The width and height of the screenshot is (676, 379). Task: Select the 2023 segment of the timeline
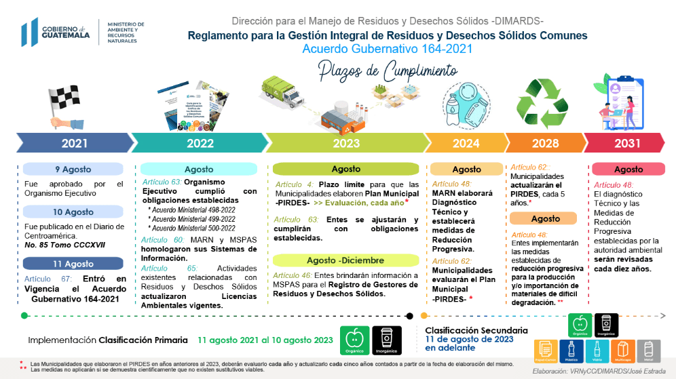(346, 143)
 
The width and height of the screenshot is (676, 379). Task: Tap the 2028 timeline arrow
(545, 143)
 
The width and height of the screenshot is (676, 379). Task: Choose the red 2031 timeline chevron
(626, 143)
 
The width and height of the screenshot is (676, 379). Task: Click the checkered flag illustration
(64, 105)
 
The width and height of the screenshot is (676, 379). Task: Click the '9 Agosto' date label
(73, 169)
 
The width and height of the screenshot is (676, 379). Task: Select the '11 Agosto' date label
(73, 264)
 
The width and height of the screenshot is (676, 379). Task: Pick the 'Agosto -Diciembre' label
(345, 260)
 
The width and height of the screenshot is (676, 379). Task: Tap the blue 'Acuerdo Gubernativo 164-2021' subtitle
(388, 49)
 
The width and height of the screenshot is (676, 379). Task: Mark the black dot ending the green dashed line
(409, 315)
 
